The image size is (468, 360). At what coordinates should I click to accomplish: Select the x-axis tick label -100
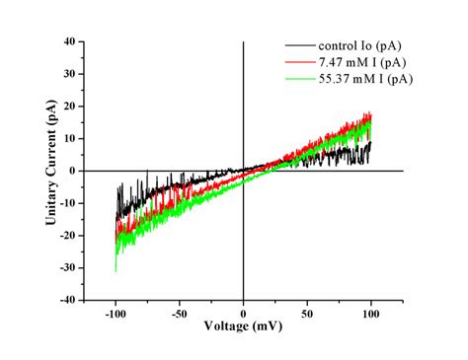click(x=116, y=313)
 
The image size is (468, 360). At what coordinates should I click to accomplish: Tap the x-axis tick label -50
click(x=180, y=313)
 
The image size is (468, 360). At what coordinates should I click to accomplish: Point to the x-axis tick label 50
click(x=307, y=313)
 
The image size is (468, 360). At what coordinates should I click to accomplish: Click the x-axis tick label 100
click(x=371, y=313)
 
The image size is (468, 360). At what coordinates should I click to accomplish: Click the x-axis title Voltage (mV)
click(x=243, y=325)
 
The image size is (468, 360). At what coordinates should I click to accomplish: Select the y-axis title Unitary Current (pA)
click(x=49, y=171)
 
